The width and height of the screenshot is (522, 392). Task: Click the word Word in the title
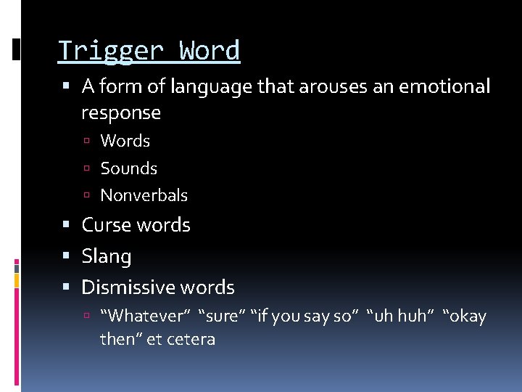tap(210, 51)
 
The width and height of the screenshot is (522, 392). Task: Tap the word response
tap(121, 113)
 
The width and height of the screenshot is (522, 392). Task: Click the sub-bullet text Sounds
tap(128, 168)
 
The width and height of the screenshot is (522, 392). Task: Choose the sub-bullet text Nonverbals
tap(144, 195)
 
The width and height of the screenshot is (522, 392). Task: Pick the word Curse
tap(107, 225)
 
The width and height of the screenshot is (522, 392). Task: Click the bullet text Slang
tap(107, 256)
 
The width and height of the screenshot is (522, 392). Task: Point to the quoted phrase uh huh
tap(400, 317)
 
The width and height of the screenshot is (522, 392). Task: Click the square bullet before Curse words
tap(67, 226)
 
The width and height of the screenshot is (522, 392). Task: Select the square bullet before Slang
tap(67, 257)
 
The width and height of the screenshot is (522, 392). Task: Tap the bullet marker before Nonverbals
tap(86, 196)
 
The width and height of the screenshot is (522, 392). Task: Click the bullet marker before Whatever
tap(86, 317)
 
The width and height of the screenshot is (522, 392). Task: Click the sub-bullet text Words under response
tap(125, 141)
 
